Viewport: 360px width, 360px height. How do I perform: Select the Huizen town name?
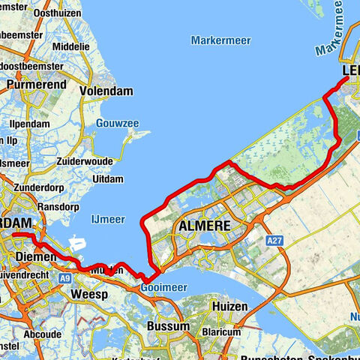coord(229,307)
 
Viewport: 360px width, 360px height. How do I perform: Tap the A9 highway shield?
coord(66,277)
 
